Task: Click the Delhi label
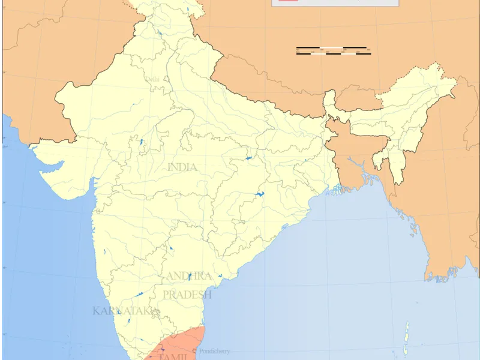(x=152, y=79)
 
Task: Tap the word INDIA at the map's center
(x=182, y=167)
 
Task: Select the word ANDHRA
(x=188, y=276)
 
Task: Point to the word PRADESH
(x=187, y=295)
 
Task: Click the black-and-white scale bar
(x=332, y=50)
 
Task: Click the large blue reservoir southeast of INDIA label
(x=259, y=194)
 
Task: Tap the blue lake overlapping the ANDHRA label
(x=190, y=276)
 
